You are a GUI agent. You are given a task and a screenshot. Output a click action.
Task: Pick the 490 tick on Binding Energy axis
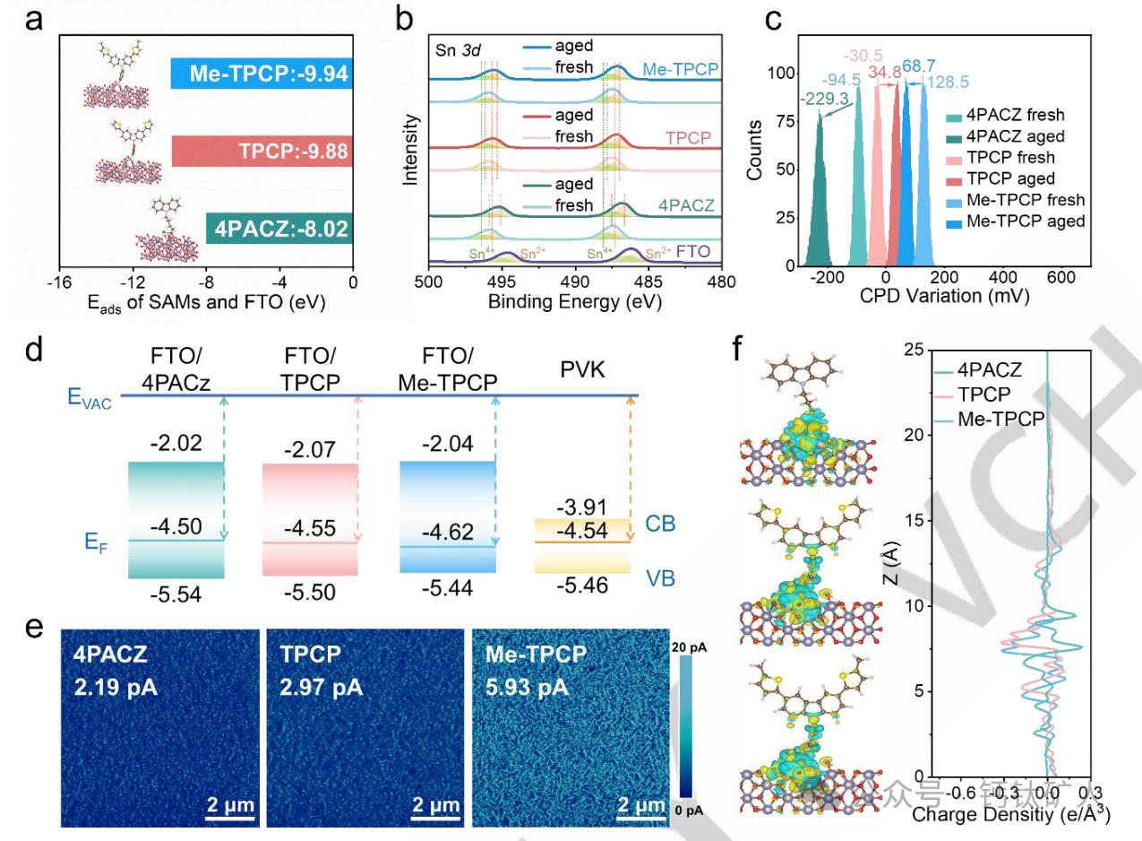pos(574,282)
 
